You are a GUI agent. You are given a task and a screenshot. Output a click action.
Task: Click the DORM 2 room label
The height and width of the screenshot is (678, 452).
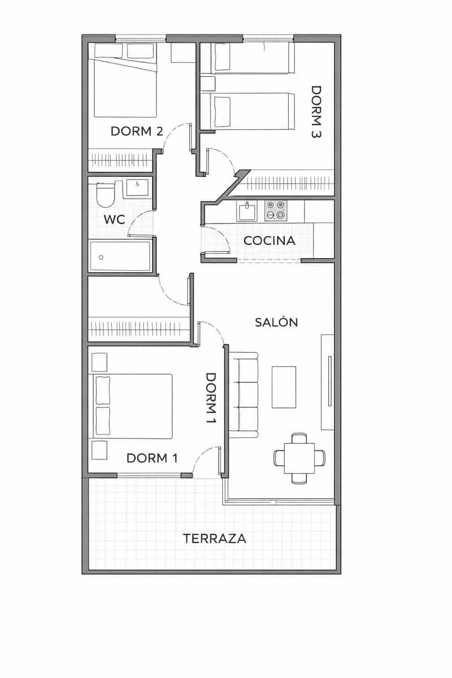tap(137, 131)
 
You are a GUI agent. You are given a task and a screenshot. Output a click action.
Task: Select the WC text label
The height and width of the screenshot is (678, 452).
tap(114, 219)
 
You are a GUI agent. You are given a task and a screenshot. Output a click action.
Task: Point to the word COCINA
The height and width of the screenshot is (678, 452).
tap(269, 241)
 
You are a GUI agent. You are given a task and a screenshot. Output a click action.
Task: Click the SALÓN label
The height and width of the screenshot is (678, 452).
tap(276, 322)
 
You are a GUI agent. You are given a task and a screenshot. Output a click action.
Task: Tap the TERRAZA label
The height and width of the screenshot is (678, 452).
tap(215, 538)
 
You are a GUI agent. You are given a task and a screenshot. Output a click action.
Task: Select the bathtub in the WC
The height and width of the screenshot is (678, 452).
tap(120, 256)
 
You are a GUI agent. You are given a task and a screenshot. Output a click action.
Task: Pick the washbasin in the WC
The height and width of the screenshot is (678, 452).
tap(137, 187)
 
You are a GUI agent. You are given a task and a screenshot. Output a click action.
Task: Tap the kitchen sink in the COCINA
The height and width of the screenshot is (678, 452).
tap(247, 212)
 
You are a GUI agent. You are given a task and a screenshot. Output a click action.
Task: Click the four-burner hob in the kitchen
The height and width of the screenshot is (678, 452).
tap(276, 211)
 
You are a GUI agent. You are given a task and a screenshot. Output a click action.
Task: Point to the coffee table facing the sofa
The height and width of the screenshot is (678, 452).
tap(284, 387)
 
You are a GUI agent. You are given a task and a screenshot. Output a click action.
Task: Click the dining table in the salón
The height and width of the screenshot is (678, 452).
tap(299, 458)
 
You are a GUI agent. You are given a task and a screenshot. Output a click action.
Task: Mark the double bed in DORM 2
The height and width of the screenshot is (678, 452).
tap(125, 88)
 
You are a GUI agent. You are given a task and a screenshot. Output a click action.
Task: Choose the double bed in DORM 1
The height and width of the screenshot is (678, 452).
tap(133, 406)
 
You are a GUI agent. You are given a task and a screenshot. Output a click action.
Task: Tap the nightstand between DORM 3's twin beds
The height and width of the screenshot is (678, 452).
tap(208, 84)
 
